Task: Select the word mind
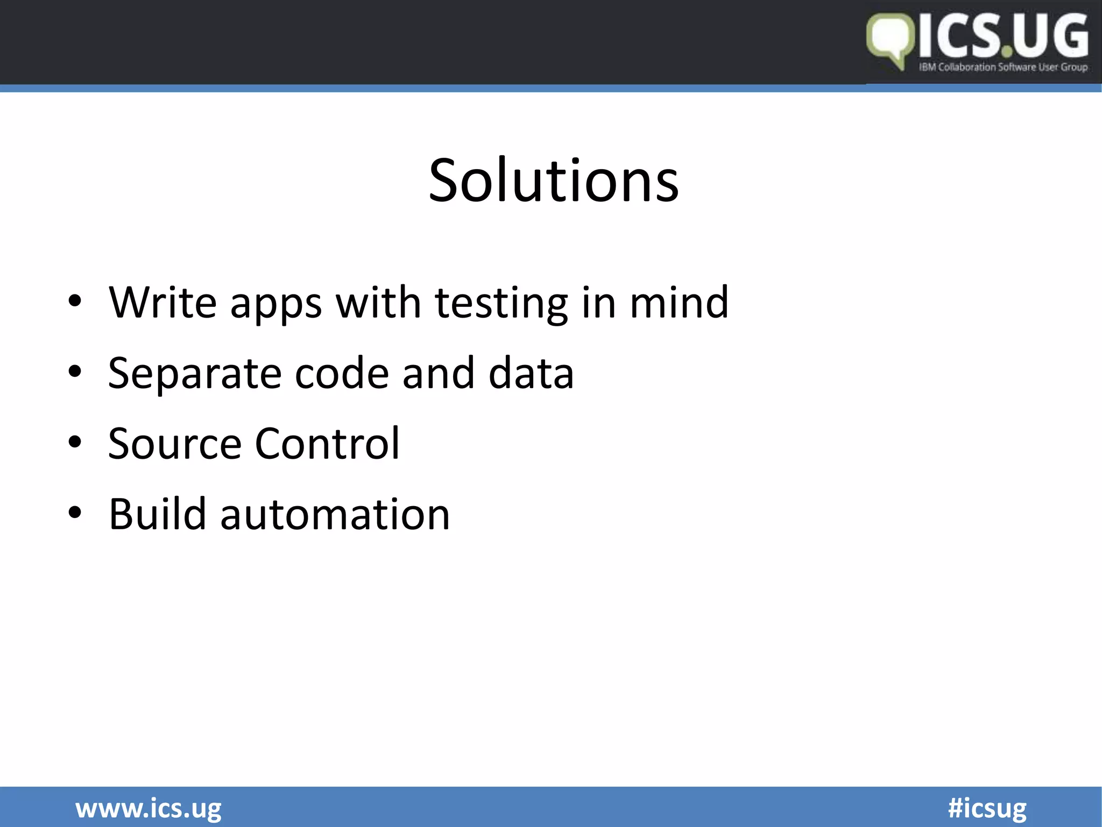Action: (679, 303)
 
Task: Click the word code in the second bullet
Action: (342, 373)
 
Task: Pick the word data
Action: (531, 373)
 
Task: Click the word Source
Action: (175, 444)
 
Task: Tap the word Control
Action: (327, 444)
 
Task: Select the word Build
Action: (157, 514)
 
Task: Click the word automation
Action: (335, 515)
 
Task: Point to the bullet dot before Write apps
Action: (75, 302)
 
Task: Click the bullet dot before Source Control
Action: (75, 443)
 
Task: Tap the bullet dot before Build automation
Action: (75, 513)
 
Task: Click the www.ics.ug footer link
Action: (149, 809)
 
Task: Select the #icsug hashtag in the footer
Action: (987, 809)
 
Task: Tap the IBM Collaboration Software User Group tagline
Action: (1003, 67)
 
